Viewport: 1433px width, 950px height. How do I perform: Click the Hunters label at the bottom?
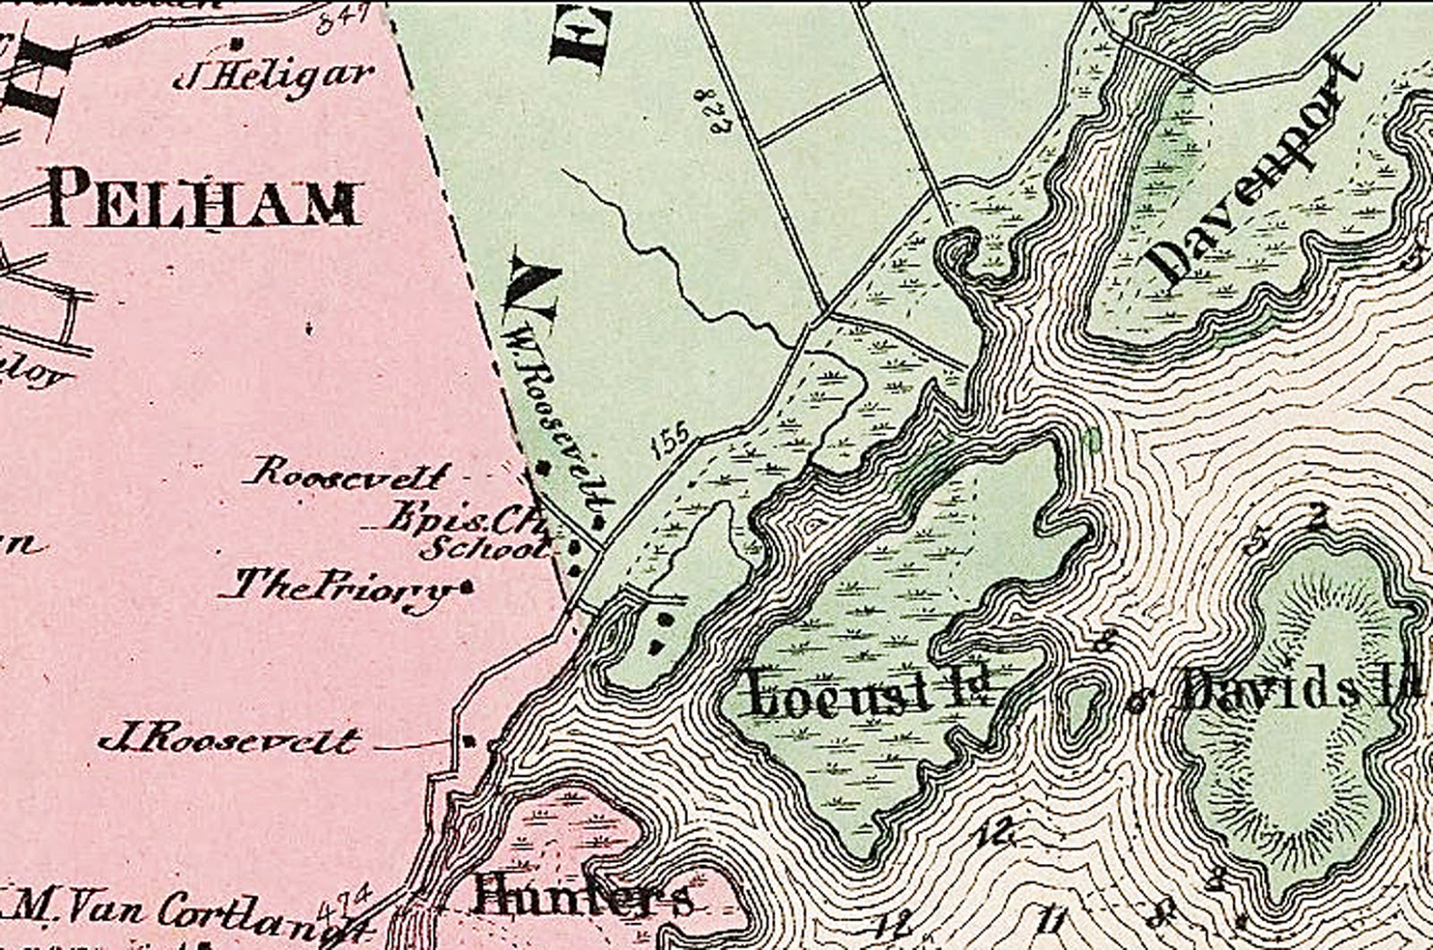coord(582,894)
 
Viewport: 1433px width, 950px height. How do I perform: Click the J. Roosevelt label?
coord(229,741)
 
